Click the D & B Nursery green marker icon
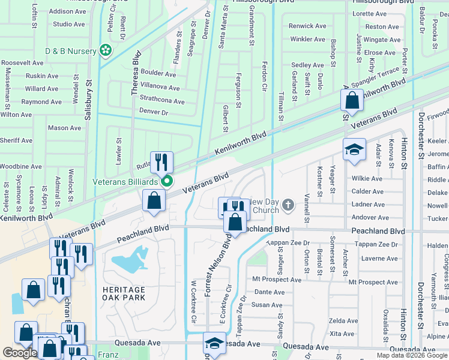pos(107,51)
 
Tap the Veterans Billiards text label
pos(125,181)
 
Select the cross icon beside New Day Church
pos(288,206)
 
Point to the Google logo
pos(20,353)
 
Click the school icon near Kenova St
pos(354,150)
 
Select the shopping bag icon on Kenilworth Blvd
pos(352,101)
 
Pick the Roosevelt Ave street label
pos(22,62)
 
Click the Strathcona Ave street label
pos(162,101)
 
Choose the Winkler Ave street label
pos(307,39)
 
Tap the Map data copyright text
pos(412,355)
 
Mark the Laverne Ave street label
pos(379,259)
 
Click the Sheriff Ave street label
pos(16,140)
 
